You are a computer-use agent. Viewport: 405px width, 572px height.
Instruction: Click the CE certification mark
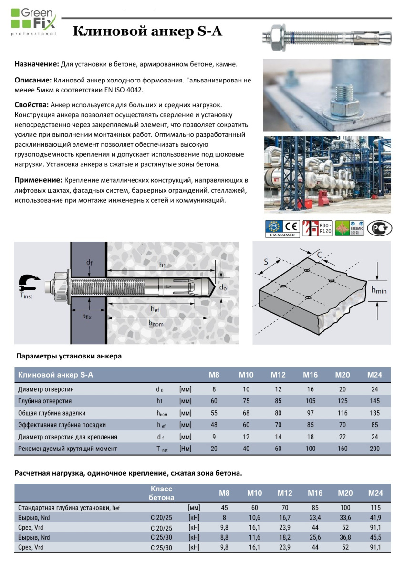point(292,225)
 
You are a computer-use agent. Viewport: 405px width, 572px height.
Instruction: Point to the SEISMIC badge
point(350,228)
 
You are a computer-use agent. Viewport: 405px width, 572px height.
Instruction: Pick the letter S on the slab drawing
point(266,261)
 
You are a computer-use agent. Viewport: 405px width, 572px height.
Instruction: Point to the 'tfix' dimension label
point(87,316)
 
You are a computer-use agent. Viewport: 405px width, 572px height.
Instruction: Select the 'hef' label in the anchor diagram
point(155,309)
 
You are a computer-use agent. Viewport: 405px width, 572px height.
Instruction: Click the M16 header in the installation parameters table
point(310,375)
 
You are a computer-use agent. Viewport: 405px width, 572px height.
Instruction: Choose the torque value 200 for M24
point(374,449)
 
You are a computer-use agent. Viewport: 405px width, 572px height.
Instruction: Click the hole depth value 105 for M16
point(310,401)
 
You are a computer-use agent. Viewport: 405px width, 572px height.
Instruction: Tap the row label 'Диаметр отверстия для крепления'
point(67,437)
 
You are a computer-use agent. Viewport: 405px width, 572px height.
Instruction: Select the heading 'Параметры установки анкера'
point(69,356)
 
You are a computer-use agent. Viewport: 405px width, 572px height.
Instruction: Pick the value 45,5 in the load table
point(374,537)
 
